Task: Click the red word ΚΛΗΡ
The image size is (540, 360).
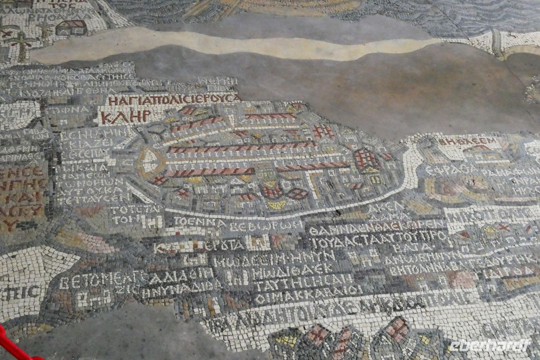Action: click(125, 117)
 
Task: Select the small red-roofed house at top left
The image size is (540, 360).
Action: click(71, 27)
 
